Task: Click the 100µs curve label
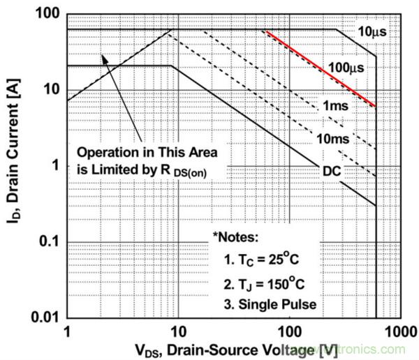click(346, 67)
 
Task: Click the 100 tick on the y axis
click(46, 15)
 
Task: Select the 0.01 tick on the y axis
click(42, 317)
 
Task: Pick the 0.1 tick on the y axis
click(45, 242)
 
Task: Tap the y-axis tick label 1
click(54, 166)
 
